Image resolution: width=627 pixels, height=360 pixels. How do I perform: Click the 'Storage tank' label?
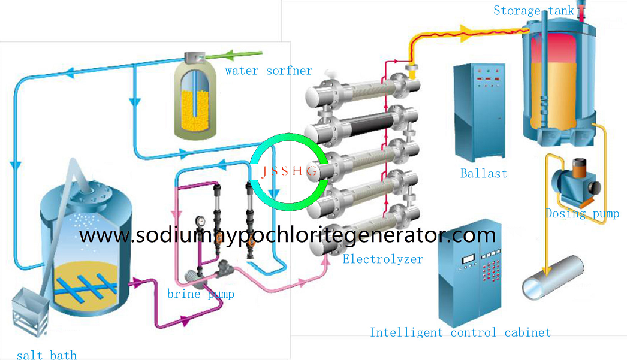[x=533, y=11]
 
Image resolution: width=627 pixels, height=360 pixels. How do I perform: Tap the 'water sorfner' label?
[x=269, y=71]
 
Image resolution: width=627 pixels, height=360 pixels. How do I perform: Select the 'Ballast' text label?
[x=483, y=174]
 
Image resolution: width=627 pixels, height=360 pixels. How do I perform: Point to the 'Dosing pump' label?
[x=582, y=214]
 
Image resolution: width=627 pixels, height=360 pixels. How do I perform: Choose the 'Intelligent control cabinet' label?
[x=460, y=332]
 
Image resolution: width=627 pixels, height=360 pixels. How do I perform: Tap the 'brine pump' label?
[x=200, y=294]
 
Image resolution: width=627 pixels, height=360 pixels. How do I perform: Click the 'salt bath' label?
[x=46, y=355]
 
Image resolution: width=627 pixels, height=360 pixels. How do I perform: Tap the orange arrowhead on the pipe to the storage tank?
[x=468, y=29]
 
